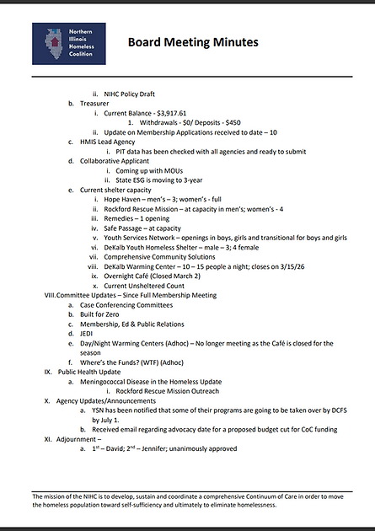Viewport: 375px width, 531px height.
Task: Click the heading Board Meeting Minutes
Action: (x=193, y=42)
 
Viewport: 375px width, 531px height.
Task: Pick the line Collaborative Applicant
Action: (x=115, y=161)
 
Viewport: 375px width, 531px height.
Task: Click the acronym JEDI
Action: (x=88, y=335)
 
